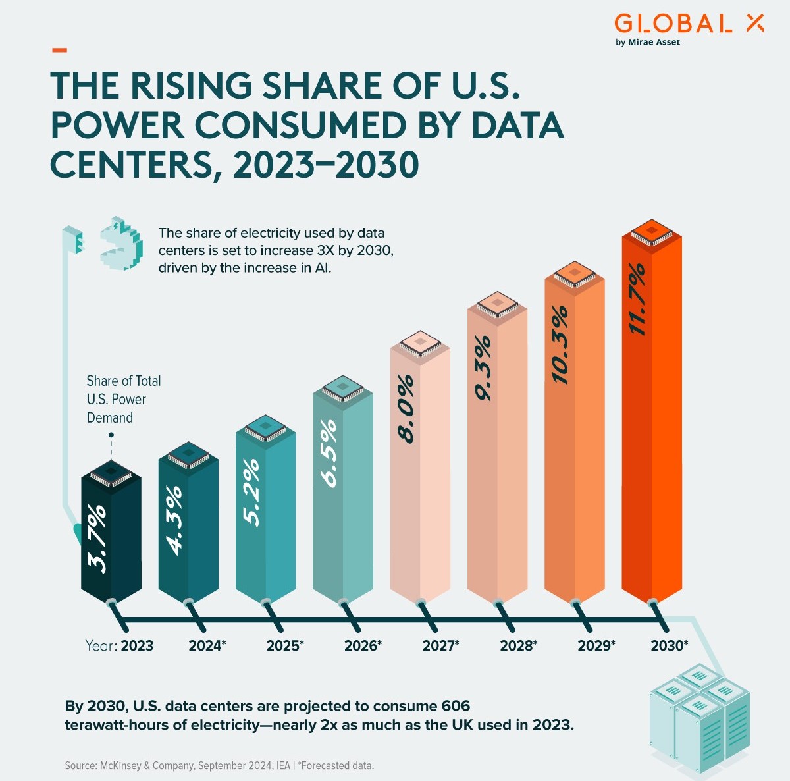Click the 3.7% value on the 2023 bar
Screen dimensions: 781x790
pyautogui.click(x=97, y=538)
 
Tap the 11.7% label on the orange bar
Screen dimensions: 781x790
pyautogui.click(x=637, y=300)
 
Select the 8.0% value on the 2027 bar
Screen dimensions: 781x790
pyautogui.click(x=406, y=409)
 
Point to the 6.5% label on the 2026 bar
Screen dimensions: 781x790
pyautogui.click(x=329, y=454)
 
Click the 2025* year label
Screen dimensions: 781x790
pyautogui.click(x=284, y=646)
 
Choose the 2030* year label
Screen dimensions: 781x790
pyautogui.click(x=669, y=646)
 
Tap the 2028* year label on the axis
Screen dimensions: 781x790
pyautogui.click(x=518, y=646)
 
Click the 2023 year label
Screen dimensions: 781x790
pyautogui.click(x=137, y=646)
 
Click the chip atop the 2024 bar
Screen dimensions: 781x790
pyautogui.click(x=188, y=456)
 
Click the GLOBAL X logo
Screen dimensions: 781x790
pyautogui.click(x=689, y=24)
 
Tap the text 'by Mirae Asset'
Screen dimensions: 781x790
pyautogui.click(x=647, y=43)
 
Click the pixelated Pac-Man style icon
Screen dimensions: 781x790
pyautogui.click(x=122, y=243)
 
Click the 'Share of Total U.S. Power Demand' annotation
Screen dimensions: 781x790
pyautogui.click(x=123, y=399)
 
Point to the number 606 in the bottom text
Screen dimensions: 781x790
pyautogui.click(x=456, y=707)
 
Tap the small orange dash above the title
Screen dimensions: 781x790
pyautogui.click(x=59, y=49)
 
